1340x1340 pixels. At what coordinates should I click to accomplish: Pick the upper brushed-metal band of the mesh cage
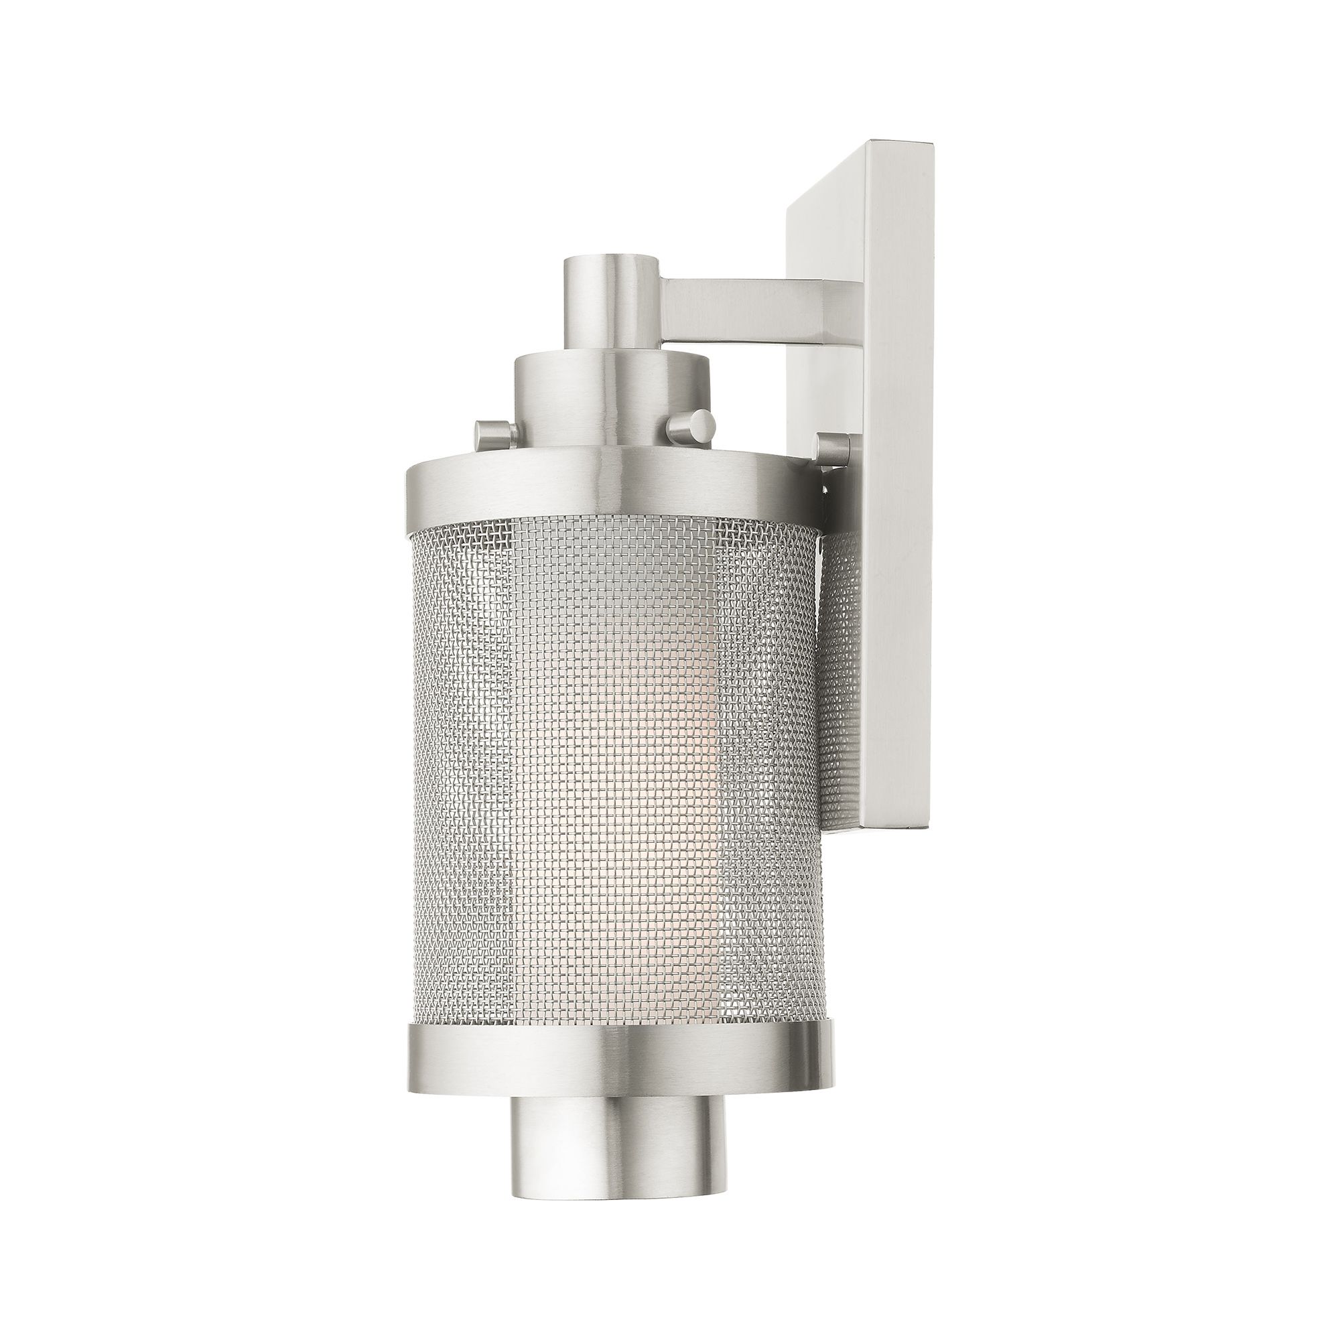[x=610, y=492]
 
